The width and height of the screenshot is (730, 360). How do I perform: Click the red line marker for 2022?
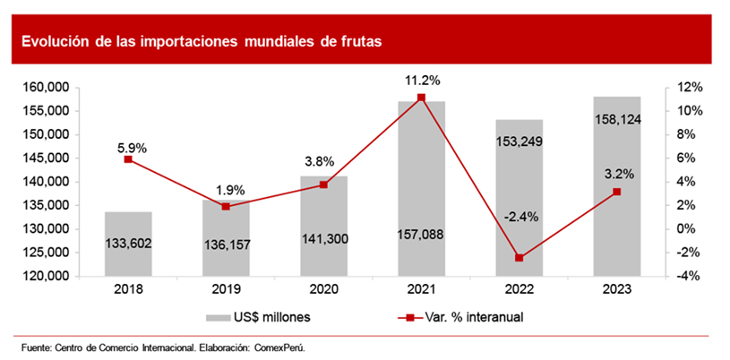coord(519,258)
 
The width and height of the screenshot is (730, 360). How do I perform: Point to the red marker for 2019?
coord(226,206)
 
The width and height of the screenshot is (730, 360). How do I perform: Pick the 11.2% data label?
coord(422,81)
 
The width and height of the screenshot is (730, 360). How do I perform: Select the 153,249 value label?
coord(520,141)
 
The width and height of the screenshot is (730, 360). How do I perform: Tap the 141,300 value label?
coord(323,240)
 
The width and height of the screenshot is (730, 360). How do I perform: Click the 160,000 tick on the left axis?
coord(45,88)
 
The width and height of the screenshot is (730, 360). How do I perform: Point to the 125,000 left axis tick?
coord(45,253)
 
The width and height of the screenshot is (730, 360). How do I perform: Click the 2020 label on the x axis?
coord(323,290)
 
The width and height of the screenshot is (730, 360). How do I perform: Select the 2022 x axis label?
coord(520,290)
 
